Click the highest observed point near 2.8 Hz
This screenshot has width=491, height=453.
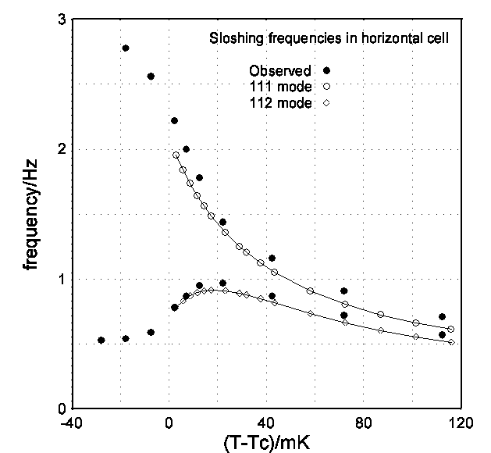coord(126,48)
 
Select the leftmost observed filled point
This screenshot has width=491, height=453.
coord(101,341)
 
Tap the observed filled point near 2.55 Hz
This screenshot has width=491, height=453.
coord(151,77)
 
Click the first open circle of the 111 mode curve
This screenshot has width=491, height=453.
coord(176,155)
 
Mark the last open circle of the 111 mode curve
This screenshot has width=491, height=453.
coord(451,330)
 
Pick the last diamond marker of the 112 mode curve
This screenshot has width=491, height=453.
coord(451,342)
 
